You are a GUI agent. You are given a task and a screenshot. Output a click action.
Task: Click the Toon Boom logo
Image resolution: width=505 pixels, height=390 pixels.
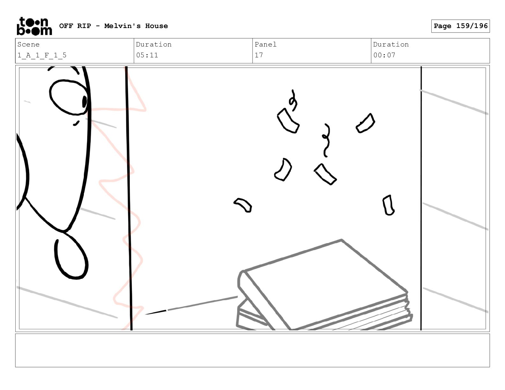(x=34, y=26)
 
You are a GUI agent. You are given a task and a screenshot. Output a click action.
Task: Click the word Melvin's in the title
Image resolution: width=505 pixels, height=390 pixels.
(x=122, y=26)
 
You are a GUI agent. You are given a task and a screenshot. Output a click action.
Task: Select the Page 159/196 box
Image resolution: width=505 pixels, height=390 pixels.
(x=460, y=26)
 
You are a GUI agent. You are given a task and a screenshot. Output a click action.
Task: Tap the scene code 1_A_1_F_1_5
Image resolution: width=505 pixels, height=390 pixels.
(x=42, y=55)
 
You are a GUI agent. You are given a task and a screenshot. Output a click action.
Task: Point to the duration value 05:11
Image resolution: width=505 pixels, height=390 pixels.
(x=147, y=55)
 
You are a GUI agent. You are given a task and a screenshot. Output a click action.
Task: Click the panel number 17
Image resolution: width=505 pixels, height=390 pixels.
(x=259, y=55)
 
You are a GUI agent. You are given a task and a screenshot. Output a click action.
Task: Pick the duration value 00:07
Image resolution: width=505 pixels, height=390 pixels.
(x=384, y=55)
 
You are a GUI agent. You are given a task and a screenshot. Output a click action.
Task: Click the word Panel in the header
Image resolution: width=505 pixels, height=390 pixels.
(x=265, y=44)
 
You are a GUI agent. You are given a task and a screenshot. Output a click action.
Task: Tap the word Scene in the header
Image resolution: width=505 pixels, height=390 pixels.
(x=28, y=44)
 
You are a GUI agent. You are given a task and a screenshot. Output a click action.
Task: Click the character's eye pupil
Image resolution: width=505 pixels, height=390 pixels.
(x=84, y=102)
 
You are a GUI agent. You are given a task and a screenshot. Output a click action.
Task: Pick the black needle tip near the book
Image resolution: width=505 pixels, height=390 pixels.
(x=156, y=313)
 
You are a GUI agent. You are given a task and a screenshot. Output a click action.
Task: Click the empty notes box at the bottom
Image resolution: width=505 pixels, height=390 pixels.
(x=252, y=350)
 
